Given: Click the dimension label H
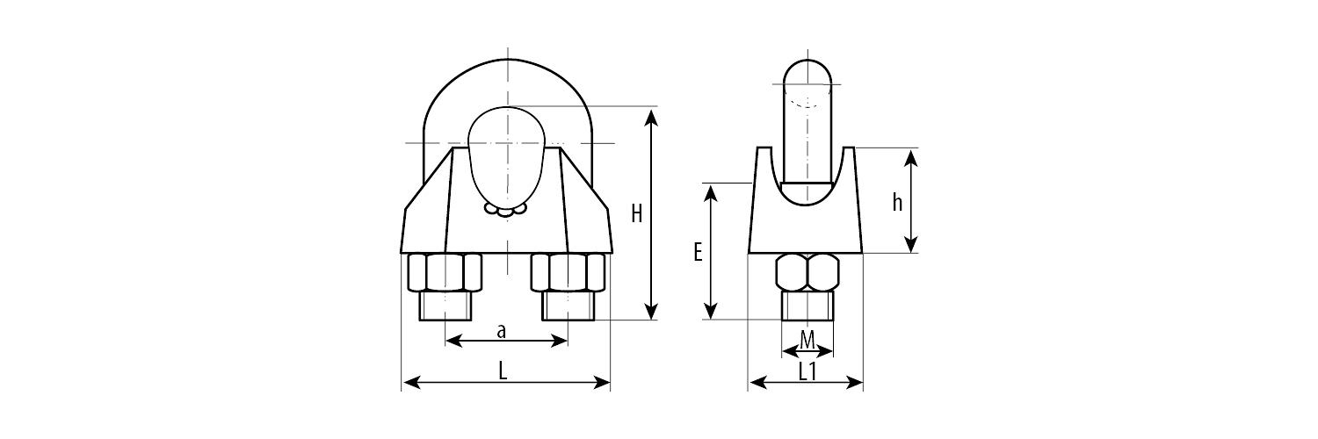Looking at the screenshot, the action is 637,214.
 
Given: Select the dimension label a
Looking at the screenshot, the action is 502,332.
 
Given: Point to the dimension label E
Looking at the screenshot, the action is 698,252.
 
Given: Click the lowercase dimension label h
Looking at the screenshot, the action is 897,202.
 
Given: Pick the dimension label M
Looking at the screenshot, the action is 807,339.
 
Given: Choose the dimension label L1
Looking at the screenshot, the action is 807,371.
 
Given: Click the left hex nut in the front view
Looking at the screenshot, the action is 445,272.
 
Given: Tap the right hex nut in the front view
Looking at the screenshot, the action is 568,272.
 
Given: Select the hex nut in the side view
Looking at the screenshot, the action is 807,272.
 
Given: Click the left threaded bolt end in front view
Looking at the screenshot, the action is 445,306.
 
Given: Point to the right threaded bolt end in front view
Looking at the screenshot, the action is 568,306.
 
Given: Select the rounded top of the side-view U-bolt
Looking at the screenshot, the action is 807,72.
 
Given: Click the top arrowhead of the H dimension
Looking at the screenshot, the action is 651,117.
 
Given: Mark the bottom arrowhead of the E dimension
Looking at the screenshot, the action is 712,310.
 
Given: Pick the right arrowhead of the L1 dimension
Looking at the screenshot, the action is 854,383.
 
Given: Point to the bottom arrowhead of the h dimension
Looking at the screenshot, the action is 911,243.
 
